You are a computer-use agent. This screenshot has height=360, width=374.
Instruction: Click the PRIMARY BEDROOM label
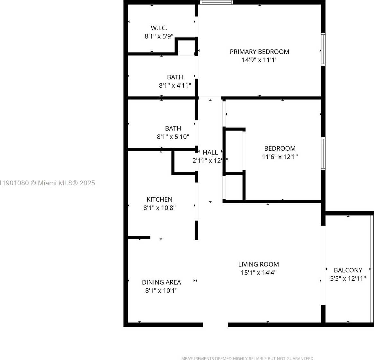[x=259, y=52]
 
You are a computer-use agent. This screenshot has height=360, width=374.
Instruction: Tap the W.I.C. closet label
[x=159, y=28]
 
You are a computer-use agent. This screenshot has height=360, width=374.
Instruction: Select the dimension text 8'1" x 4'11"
[x=175, y=86]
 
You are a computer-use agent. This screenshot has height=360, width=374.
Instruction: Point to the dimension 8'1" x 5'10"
[x=173, y=137]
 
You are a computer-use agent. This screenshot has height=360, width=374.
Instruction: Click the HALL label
[x=210, y=153]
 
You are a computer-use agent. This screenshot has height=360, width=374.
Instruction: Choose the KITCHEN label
[x=159, y=199]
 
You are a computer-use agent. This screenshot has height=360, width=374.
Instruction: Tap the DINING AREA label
[x=161, y=282]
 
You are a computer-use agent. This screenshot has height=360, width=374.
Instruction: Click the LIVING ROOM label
[x=258, y=264]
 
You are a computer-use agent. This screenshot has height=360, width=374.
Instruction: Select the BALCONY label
[x=348, y=270]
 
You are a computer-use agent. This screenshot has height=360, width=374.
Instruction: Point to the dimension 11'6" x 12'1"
[x=280, y=157]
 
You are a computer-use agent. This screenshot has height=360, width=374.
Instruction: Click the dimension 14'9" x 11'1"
[x=259, y=60]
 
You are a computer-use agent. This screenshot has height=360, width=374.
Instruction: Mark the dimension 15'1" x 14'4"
[x=258, y=273]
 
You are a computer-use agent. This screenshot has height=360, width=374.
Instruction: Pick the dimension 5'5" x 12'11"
[x=348, y=279]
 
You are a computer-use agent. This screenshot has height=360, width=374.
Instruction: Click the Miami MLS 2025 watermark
[x=48, y=183]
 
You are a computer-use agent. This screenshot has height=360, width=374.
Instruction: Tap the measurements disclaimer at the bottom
[x=248, y=358]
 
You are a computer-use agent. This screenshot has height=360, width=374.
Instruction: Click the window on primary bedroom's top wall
[x=217, y=3]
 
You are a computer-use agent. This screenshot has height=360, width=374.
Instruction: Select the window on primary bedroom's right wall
[x=323, y=49]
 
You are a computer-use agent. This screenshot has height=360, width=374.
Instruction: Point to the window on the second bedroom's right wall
[x=323, y=154]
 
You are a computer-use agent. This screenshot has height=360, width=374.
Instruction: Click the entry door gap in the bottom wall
[x=215, y=325]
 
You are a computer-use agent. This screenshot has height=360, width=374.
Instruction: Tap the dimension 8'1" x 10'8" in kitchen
[x=159, y=208]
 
